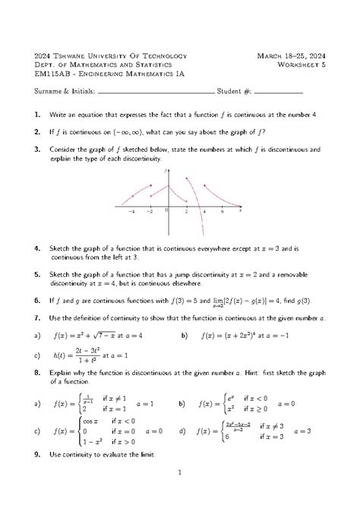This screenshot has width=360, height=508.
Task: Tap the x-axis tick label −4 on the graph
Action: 132,213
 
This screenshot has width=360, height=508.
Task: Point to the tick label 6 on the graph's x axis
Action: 222,213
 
